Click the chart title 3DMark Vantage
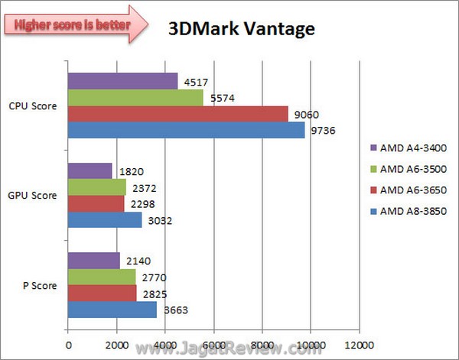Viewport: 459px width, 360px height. point(241,30)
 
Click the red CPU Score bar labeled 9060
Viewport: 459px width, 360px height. point(177,114)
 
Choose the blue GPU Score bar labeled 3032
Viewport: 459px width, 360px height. point(105,220)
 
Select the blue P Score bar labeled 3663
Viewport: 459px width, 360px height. point(112,310)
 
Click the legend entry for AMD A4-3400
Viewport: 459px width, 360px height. point(412,148)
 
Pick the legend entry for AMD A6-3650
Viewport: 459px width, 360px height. point(412,190)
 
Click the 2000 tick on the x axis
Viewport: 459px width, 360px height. point(116,342)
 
